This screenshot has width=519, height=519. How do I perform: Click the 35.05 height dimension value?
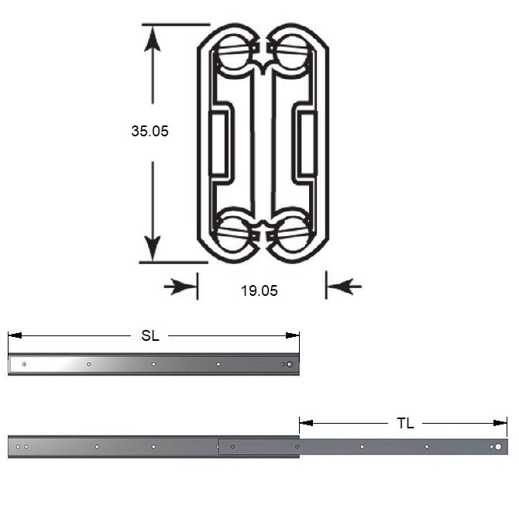coord(150,131)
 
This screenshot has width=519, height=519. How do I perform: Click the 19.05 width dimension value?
coord(259,290)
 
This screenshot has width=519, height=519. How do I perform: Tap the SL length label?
coord(150,335)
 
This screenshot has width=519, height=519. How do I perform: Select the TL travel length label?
coord(405,423)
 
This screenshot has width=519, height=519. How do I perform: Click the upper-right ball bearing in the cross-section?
coord(292,52)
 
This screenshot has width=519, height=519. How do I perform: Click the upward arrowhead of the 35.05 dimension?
coord(153,39)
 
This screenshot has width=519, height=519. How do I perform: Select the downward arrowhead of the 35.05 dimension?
coord(153,248)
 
